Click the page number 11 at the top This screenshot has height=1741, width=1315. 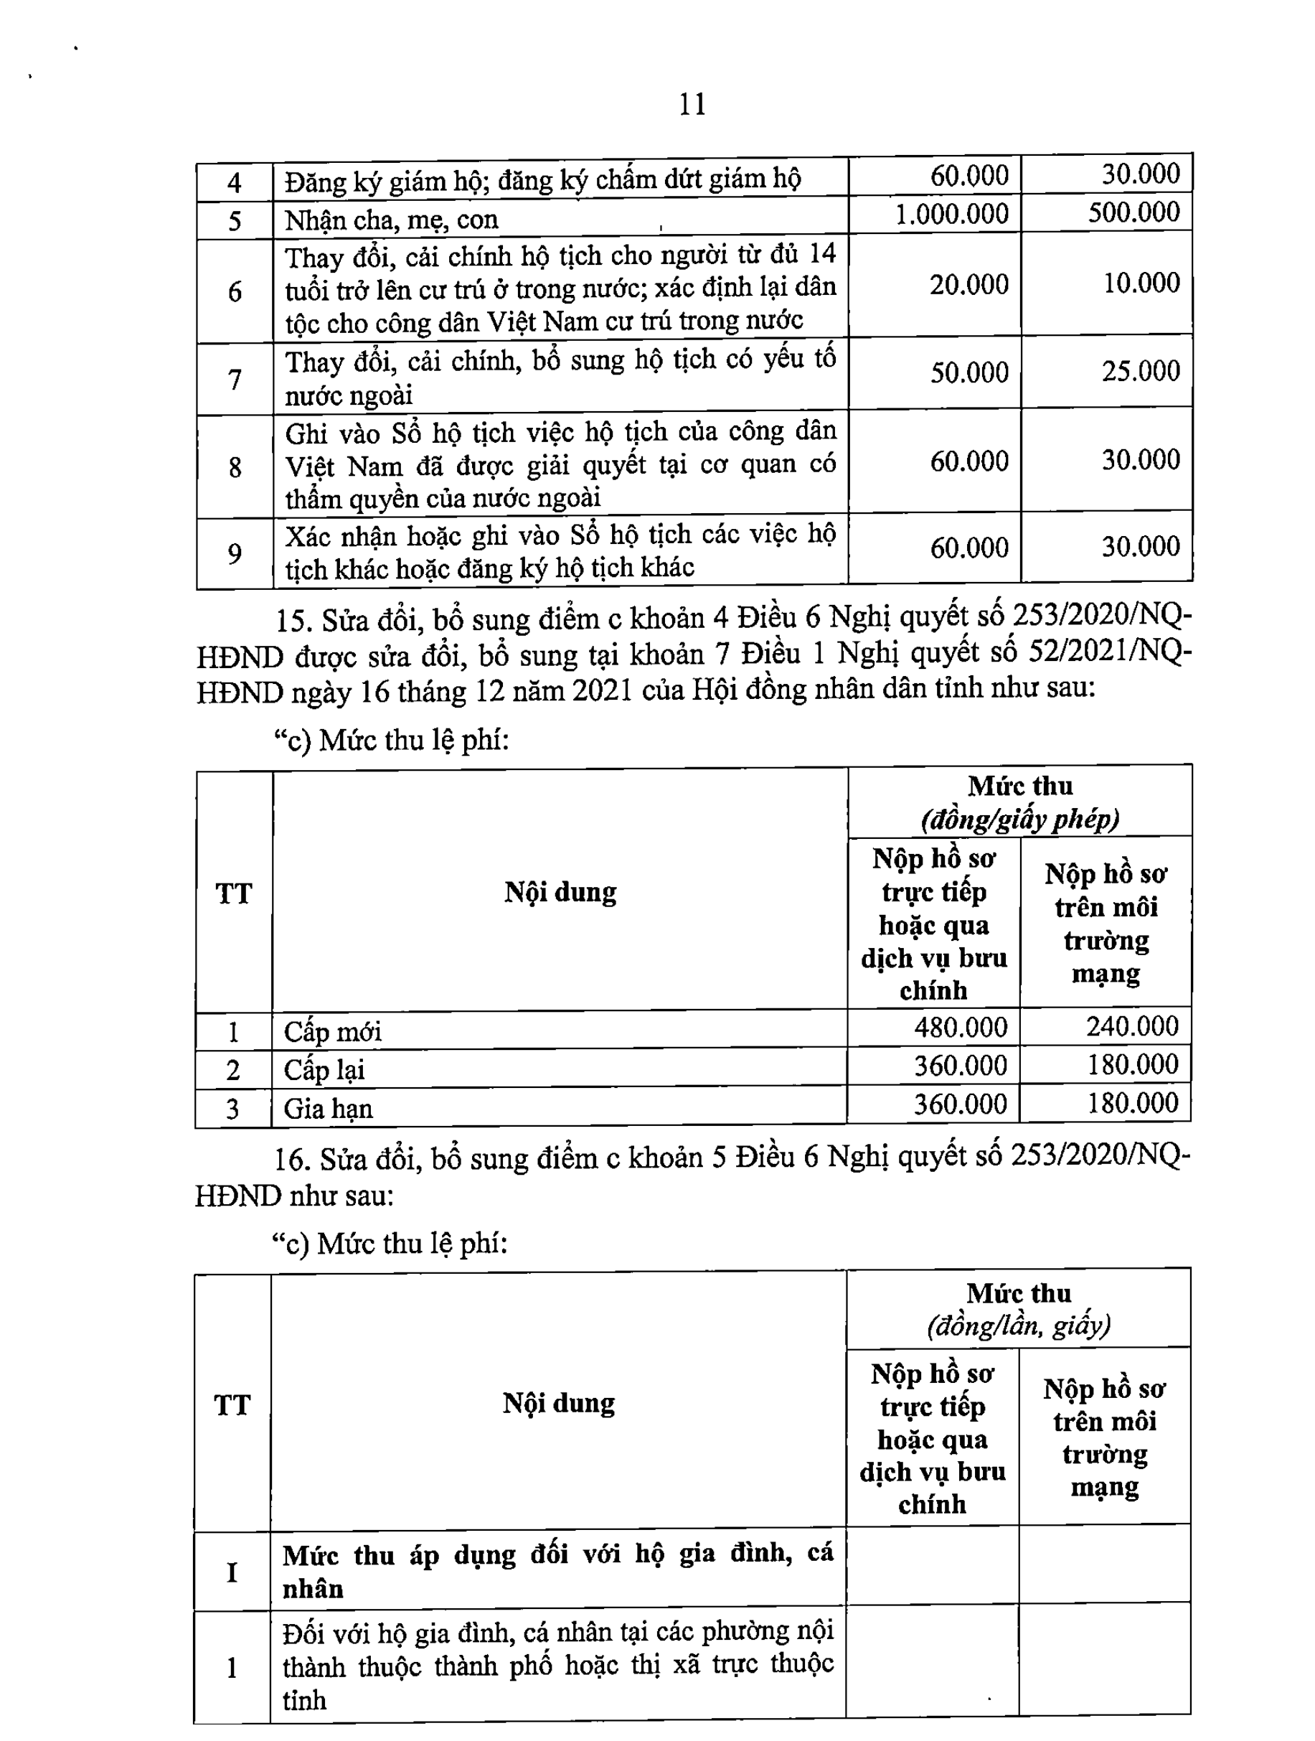692,104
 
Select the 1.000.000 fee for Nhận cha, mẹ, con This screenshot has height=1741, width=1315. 951,214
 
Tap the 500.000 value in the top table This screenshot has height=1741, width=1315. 1133,212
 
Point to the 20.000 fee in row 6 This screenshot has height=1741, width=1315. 968,284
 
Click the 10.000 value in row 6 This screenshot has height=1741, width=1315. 1141,283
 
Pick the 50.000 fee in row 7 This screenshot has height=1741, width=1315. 968,372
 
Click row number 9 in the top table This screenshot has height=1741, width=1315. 235,555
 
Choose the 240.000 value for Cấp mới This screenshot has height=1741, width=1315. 1133,1026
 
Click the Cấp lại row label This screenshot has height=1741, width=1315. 324,1069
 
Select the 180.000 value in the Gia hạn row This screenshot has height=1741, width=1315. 1133,1103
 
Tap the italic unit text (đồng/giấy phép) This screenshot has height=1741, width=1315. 1020,820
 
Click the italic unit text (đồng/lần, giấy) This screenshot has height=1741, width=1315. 1018,1326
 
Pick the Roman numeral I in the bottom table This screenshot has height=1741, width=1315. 232,1572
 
